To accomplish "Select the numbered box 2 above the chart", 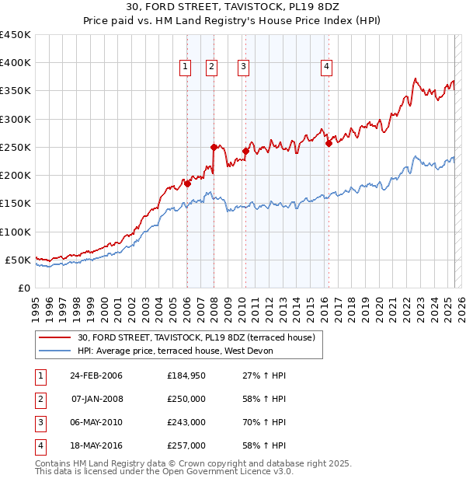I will [211, 68].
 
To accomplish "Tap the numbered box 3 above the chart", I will [243, 68].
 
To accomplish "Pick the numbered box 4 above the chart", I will [326, 68].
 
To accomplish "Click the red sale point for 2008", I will [213, 146].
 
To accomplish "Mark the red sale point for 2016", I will [329, 143].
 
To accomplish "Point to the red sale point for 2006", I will [187, 183].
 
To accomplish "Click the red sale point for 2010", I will [245, 151].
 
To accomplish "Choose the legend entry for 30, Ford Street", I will [196, 337].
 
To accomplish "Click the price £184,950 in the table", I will [186, 375].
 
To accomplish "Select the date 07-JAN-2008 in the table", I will [96, 399].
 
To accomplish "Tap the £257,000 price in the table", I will [186, 445].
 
